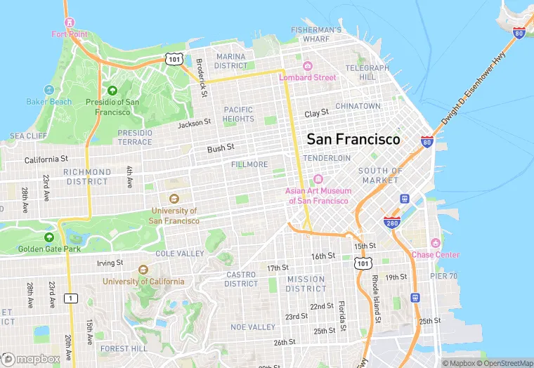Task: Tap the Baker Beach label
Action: pyautogui.click(x=48, y=102)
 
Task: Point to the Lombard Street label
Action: pyautogui.click(x=308, y=77)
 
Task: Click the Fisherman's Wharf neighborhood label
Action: pyautogui.click(x=316, y=34)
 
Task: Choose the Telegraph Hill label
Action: pyautogui.click(x=367, y=72)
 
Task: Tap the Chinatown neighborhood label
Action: pyautogui.click(x=358, y=106)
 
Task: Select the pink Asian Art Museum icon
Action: pyautogui.click(x=317, y=180)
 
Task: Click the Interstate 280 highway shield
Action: pyautogui.click(x=393, y=223)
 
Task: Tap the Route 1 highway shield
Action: pyautogui.click(x=70, y=298)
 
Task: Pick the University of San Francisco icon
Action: pyautogui.click(x=174, y=199)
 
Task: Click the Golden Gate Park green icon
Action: pyautogui.click(x=48, y=237)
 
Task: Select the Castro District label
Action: pyautogui.click(x=241, y=279)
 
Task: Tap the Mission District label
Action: pyautogui.click(x=306, y=284)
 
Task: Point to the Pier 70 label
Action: pyautogui.click(x=443, y=276)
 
